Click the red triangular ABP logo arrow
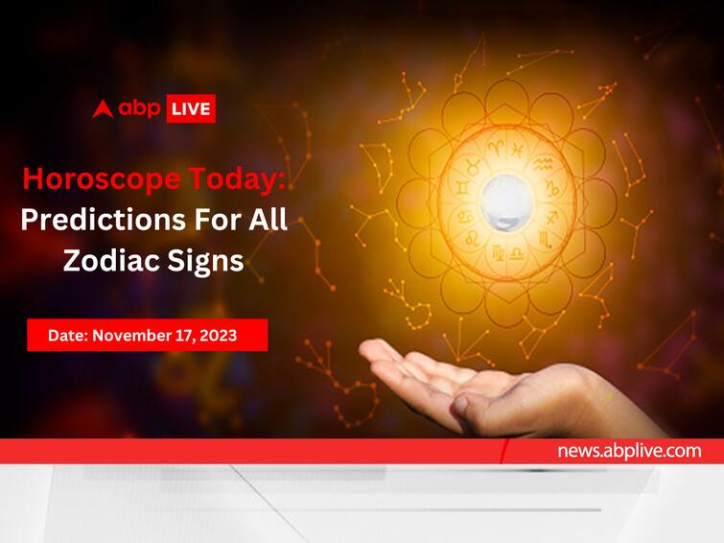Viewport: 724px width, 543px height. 103,109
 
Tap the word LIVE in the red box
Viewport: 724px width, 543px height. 191,109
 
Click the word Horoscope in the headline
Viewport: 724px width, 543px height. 102,179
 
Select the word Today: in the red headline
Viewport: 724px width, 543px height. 237,179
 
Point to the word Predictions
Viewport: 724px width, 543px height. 104,219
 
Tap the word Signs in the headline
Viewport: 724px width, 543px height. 205,262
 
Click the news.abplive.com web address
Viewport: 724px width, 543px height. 629,451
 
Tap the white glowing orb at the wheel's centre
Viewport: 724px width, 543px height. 506,202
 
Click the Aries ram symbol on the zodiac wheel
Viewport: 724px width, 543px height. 496,149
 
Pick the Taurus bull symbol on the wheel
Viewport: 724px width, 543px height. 473,165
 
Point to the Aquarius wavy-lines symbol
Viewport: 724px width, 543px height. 544,163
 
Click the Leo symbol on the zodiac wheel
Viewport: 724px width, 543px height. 473,239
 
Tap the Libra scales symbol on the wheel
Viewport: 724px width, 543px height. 517,253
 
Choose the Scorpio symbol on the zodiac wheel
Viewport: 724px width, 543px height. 546,239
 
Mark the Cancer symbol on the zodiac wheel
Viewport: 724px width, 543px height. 465,216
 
